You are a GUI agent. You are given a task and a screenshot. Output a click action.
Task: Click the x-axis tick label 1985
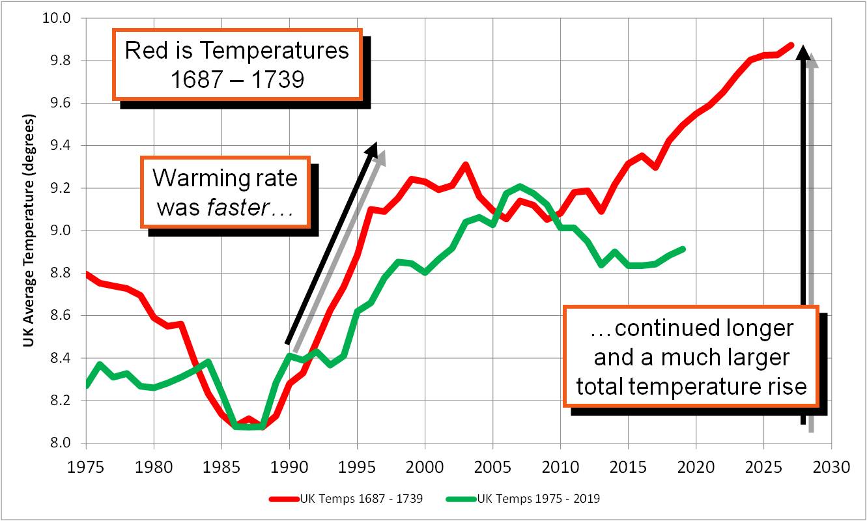tap(221, 467)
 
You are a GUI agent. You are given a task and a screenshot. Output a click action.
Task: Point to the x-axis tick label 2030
tap(831, 467)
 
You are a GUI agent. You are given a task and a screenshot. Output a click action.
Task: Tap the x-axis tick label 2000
tap(425, 467)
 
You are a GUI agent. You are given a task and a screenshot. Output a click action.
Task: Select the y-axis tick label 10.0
tap(57, 18)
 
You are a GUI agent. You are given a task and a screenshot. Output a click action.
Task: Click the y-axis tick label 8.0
tap(61, 442)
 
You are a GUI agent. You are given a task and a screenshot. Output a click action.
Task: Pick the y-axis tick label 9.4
tap(61, 145)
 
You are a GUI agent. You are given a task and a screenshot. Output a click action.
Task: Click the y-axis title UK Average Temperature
tap(29, 231)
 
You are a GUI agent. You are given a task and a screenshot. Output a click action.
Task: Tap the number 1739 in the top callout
tap(278, 79)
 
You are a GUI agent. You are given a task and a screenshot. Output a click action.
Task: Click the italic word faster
tap(238, 208)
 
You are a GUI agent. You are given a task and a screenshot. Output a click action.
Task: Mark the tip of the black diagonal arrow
tap(376, 143)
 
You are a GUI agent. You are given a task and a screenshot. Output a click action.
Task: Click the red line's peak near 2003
tap(466, 165)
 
